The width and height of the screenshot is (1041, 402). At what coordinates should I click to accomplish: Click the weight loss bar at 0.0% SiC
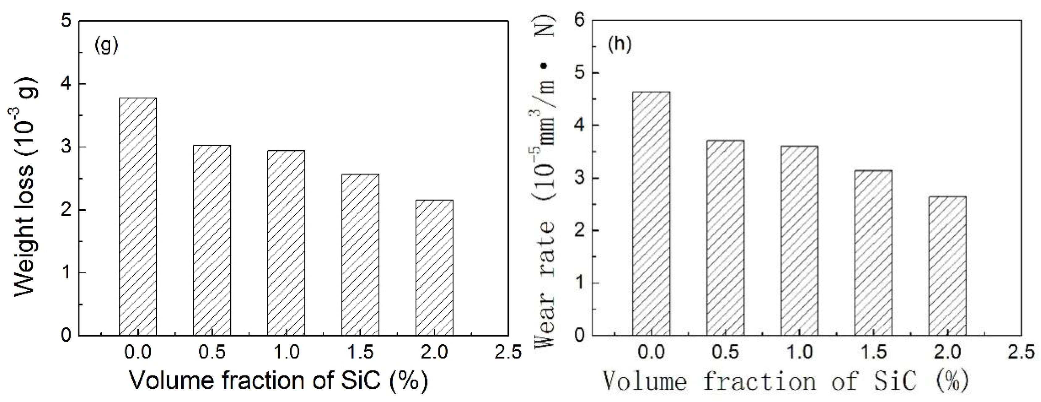[138, 216]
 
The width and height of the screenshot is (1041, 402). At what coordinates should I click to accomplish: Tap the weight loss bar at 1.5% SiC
[360, 254]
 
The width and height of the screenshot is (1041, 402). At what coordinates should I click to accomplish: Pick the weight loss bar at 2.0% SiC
[435, 267]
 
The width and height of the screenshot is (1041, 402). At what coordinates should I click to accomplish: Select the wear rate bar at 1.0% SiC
[799, 241]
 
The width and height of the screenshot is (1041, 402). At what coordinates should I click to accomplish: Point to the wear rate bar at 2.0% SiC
[947, 266]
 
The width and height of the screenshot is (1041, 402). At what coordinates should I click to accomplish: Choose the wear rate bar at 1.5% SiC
[873, 253]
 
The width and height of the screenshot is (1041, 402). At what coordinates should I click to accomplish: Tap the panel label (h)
[619, 45]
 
